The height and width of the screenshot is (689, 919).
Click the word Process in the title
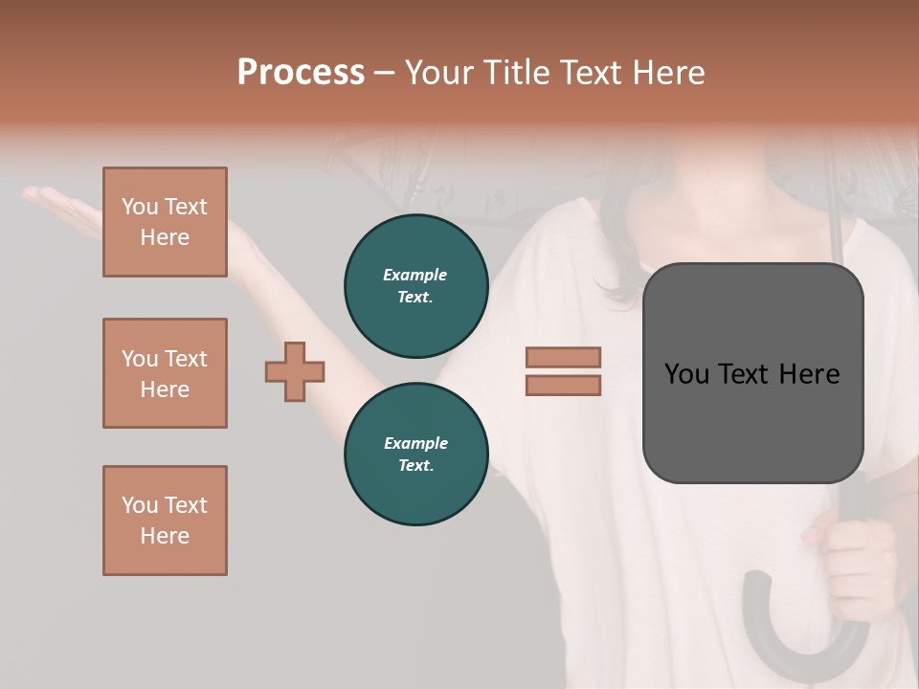pyautogui.click(x=301, y=73)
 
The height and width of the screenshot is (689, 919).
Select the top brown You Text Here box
pyautogui.click(x=165, y=222)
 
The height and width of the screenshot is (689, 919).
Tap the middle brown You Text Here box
pyautogui.click(x=165, y=373)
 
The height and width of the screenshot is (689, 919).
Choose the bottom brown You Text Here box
pyautogui.click(x=165, y=521)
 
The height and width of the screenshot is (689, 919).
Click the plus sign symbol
pyautogui.click(x=295, y=371)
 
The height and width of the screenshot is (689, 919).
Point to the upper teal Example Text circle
pyautogui.click(x=415, y=285)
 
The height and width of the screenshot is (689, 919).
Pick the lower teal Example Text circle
pyautogui.click(x=415, y=454)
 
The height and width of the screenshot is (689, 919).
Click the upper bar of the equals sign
pyautogui.click(x=563, y=357)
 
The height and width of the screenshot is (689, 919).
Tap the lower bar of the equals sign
pyautogui.click(x=563, y=385)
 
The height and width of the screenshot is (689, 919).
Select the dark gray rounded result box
pyautogui.click(x=752, y=373)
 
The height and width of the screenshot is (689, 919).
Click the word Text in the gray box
pyautogui.click(x=751, y=374)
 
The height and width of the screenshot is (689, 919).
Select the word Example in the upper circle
pyautogui.click(x=415, y=275)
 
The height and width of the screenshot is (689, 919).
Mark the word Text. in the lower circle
pyautogui.click(x=415, y=465)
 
